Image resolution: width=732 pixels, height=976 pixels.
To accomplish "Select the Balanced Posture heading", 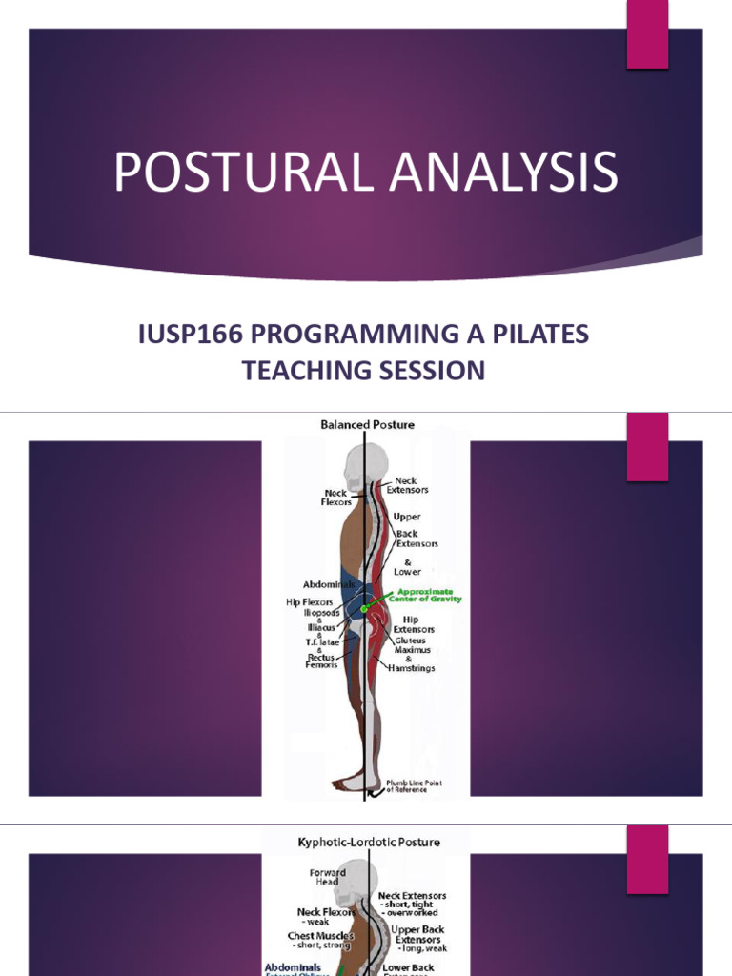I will coord(367,424).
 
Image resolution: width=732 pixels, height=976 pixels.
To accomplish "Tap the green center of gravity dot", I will coord(363,608).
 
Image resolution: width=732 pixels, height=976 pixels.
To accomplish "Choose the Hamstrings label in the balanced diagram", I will coord(412,669).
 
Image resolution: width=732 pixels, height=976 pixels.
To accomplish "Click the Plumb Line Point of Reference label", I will coord(414,786).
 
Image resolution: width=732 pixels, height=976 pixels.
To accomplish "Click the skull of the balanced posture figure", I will coord(358,467).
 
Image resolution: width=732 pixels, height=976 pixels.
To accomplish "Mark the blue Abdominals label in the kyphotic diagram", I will coord(294,966).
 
